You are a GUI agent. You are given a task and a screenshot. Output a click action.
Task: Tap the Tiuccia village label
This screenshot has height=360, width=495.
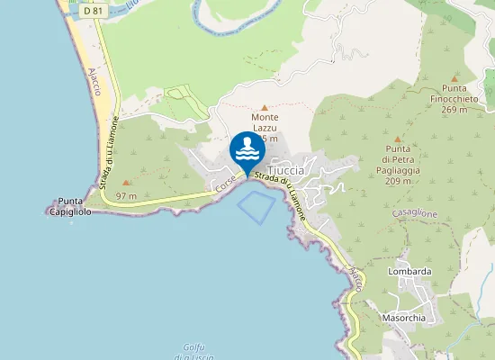286,170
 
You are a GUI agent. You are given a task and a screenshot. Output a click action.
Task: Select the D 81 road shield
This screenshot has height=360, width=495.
90,11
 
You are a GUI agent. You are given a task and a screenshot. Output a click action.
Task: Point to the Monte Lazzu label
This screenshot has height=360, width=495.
265,122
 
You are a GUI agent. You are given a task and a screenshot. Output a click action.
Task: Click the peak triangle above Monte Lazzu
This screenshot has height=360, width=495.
265,106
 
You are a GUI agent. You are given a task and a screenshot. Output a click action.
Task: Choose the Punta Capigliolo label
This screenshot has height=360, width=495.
71,206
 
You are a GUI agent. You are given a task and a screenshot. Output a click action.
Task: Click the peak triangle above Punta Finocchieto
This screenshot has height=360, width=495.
454,78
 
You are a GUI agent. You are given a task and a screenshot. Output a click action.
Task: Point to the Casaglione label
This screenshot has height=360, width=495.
415,213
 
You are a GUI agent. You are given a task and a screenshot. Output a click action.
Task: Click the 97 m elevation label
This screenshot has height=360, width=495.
126,195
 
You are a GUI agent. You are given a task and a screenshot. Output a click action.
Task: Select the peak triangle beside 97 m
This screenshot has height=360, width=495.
126,183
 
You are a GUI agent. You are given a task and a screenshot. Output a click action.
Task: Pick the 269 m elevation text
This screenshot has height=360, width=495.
454,110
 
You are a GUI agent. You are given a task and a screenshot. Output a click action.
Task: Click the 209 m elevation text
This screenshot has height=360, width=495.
398,180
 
